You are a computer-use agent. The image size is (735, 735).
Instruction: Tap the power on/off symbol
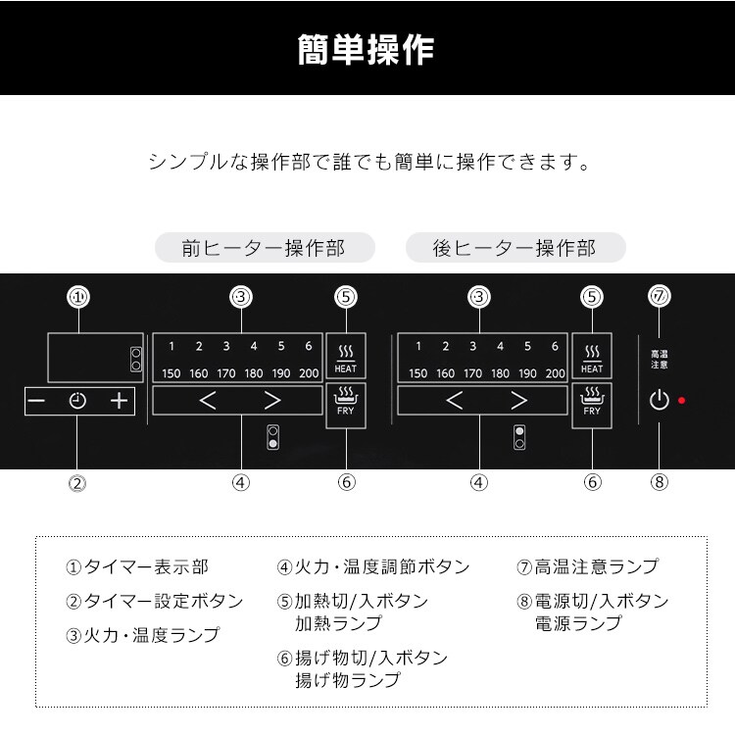(660, 400)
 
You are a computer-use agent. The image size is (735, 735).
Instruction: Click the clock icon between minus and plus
(77, 401)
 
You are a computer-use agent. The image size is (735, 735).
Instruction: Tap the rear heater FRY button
(592, 402)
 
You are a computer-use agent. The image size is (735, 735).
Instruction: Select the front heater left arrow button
(207, 400)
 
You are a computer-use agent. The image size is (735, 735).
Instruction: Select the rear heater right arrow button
(519, 400)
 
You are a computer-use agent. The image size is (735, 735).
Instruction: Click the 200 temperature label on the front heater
(308, 373)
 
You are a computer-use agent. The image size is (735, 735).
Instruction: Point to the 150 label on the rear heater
(418, 373)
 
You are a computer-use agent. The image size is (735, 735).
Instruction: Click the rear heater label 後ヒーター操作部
(515, 248)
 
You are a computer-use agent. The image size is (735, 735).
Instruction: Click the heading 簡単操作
(367, 49)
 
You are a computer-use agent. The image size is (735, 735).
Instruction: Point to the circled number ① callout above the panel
(77, 296)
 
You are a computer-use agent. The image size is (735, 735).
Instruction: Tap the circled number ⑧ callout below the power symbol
(660, 481)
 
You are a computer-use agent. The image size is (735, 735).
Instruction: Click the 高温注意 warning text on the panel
(660, 359)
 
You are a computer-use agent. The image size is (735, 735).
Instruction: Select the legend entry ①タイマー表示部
(137, 567)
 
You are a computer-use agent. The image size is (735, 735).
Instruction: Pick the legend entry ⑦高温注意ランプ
(588, 566)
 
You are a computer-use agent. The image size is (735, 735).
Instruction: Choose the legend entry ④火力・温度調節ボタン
(373, 566)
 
